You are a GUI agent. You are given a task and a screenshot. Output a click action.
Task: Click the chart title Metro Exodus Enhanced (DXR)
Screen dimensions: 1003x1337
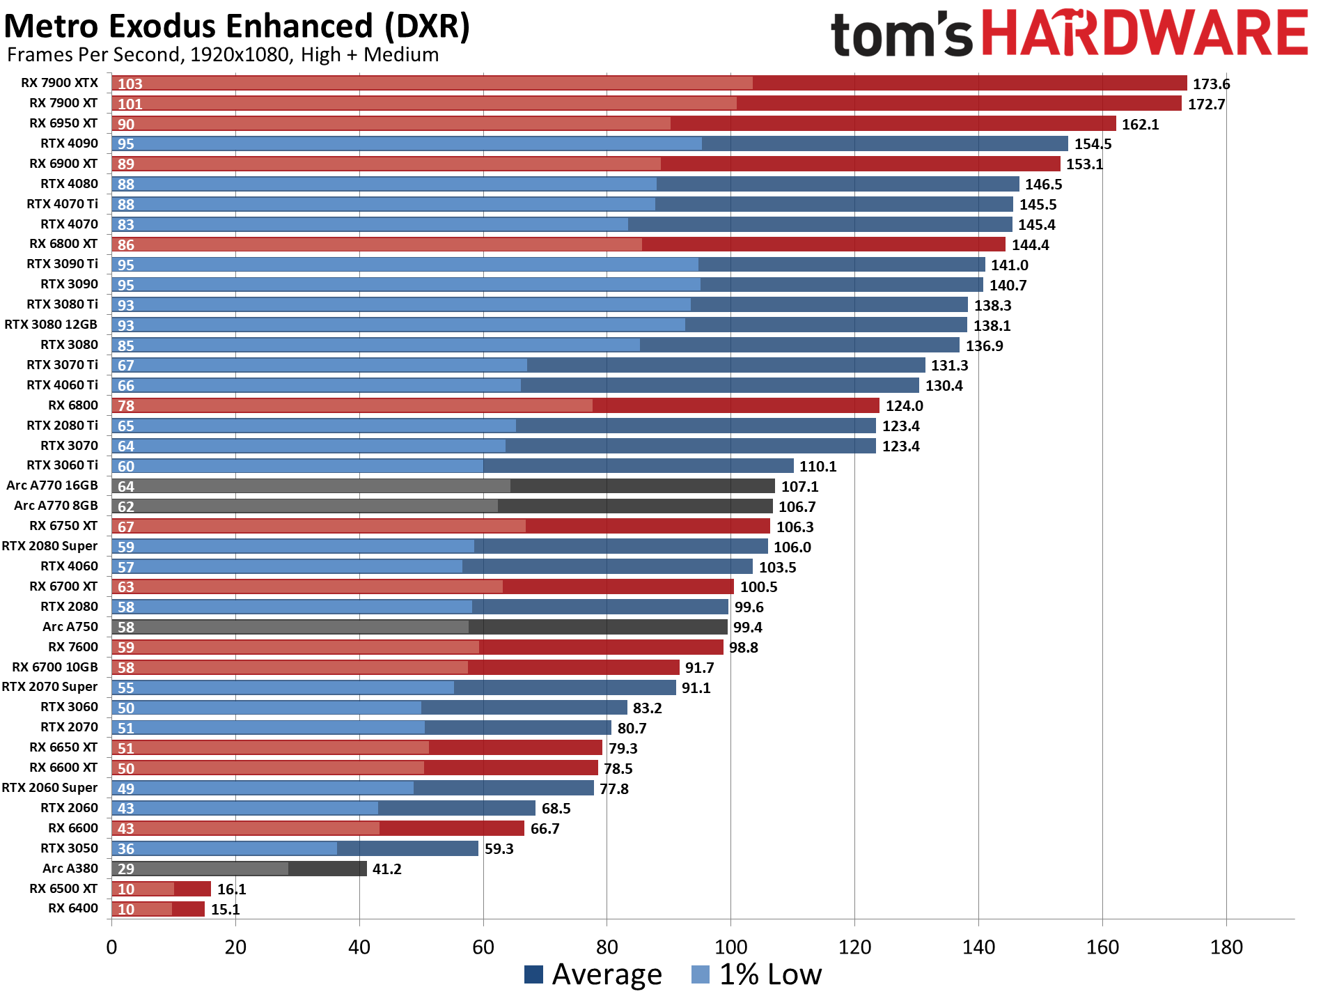(237, 26)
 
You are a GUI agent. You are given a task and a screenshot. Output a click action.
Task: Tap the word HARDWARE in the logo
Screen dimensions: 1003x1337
(1146, 33)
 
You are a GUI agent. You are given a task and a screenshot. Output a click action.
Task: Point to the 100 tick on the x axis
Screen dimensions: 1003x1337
(730, 947)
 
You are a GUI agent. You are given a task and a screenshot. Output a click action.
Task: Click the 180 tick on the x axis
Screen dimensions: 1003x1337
(1226, 947)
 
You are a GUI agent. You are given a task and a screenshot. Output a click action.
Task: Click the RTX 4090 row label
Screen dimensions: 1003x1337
(69, 143)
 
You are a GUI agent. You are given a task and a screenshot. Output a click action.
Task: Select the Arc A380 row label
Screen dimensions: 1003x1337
(70, 869)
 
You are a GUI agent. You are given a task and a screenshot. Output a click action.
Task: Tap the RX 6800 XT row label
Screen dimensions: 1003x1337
(63, 244)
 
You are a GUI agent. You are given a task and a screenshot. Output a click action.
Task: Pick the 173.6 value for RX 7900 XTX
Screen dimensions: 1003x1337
(1211, 84)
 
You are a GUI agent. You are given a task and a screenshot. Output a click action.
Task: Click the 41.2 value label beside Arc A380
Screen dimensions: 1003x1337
(386, 869)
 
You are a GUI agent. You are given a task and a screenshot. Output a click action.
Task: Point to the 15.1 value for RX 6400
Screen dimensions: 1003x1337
(225, 910)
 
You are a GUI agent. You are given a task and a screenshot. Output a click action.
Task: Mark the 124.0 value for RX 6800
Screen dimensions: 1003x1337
(904, 406)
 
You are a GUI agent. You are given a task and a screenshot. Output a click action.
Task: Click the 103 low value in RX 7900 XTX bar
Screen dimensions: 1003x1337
(130, 84)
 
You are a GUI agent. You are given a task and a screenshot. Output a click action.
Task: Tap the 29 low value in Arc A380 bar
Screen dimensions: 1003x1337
(126, 869)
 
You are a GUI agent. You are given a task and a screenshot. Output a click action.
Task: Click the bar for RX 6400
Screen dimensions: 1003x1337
(158, 909)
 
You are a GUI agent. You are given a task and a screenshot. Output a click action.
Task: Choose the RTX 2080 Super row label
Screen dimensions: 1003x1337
(49, 546)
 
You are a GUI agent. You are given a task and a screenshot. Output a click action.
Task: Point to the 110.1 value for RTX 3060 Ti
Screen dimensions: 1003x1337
(818, 467)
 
